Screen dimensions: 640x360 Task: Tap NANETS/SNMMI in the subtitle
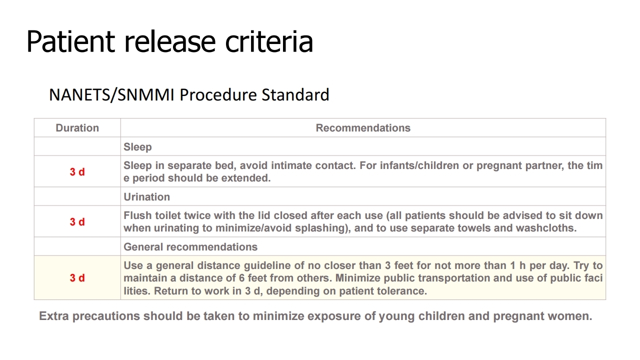click(111, 95)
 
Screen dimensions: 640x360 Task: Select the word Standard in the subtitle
click(295, 95)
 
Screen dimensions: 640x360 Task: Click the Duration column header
click(77, 128)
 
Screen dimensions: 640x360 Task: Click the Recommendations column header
click(363, 128)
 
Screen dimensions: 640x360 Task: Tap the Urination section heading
click(146, 197)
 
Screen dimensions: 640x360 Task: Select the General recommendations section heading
click(190, 247)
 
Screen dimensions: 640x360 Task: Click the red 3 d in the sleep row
click(77, 171)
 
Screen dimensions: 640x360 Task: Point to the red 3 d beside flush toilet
click(77, 221)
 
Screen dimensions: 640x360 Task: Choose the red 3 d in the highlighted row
click(77, 277)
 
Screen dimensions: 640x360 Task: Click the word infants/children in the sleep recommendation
click(409, 165)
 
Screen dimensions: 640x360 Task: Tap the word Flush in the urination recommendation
click(137, 215)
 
